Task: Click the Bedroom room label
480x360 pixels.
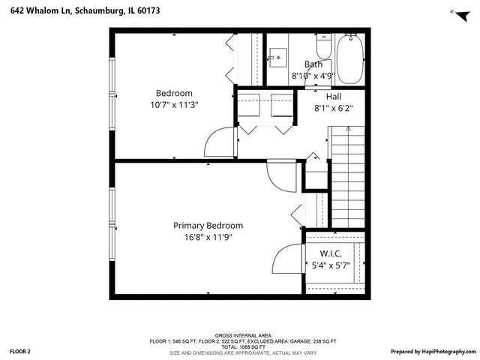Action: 174,93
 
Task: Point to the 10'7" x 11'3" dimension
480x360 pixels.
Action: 174,105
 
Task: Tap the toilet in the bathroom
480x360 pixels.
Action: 324,49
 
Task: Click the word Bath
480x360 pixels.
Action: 313,64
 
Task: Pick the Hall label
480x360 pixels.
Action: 334,97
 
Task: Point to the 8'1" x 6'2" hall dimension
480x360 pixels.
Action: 334,108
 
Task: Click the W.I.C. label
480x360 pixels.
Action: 331,253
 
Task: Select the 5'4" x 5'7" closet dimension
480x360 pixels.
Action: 331,265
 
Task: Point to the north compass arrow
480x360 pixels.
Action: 453,12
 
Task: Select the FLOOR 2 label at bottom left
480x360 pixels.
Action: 20,351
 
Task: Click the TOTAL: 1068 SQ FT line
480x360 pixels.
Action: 243,346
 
